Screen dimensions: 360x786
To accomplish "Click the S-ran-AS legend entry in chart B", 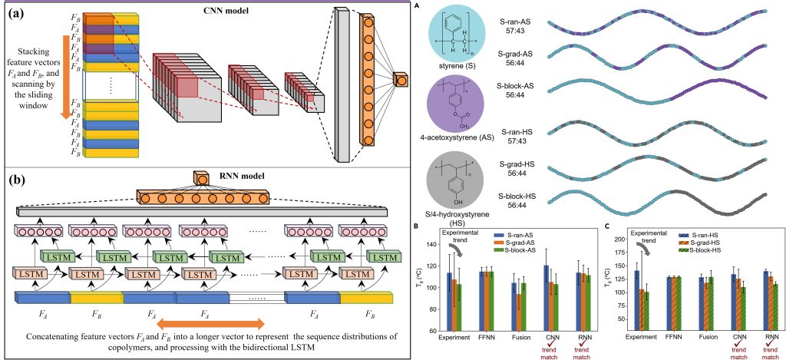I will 519,235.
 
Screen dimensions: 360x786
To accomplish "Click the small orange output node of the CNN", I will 401,79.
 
